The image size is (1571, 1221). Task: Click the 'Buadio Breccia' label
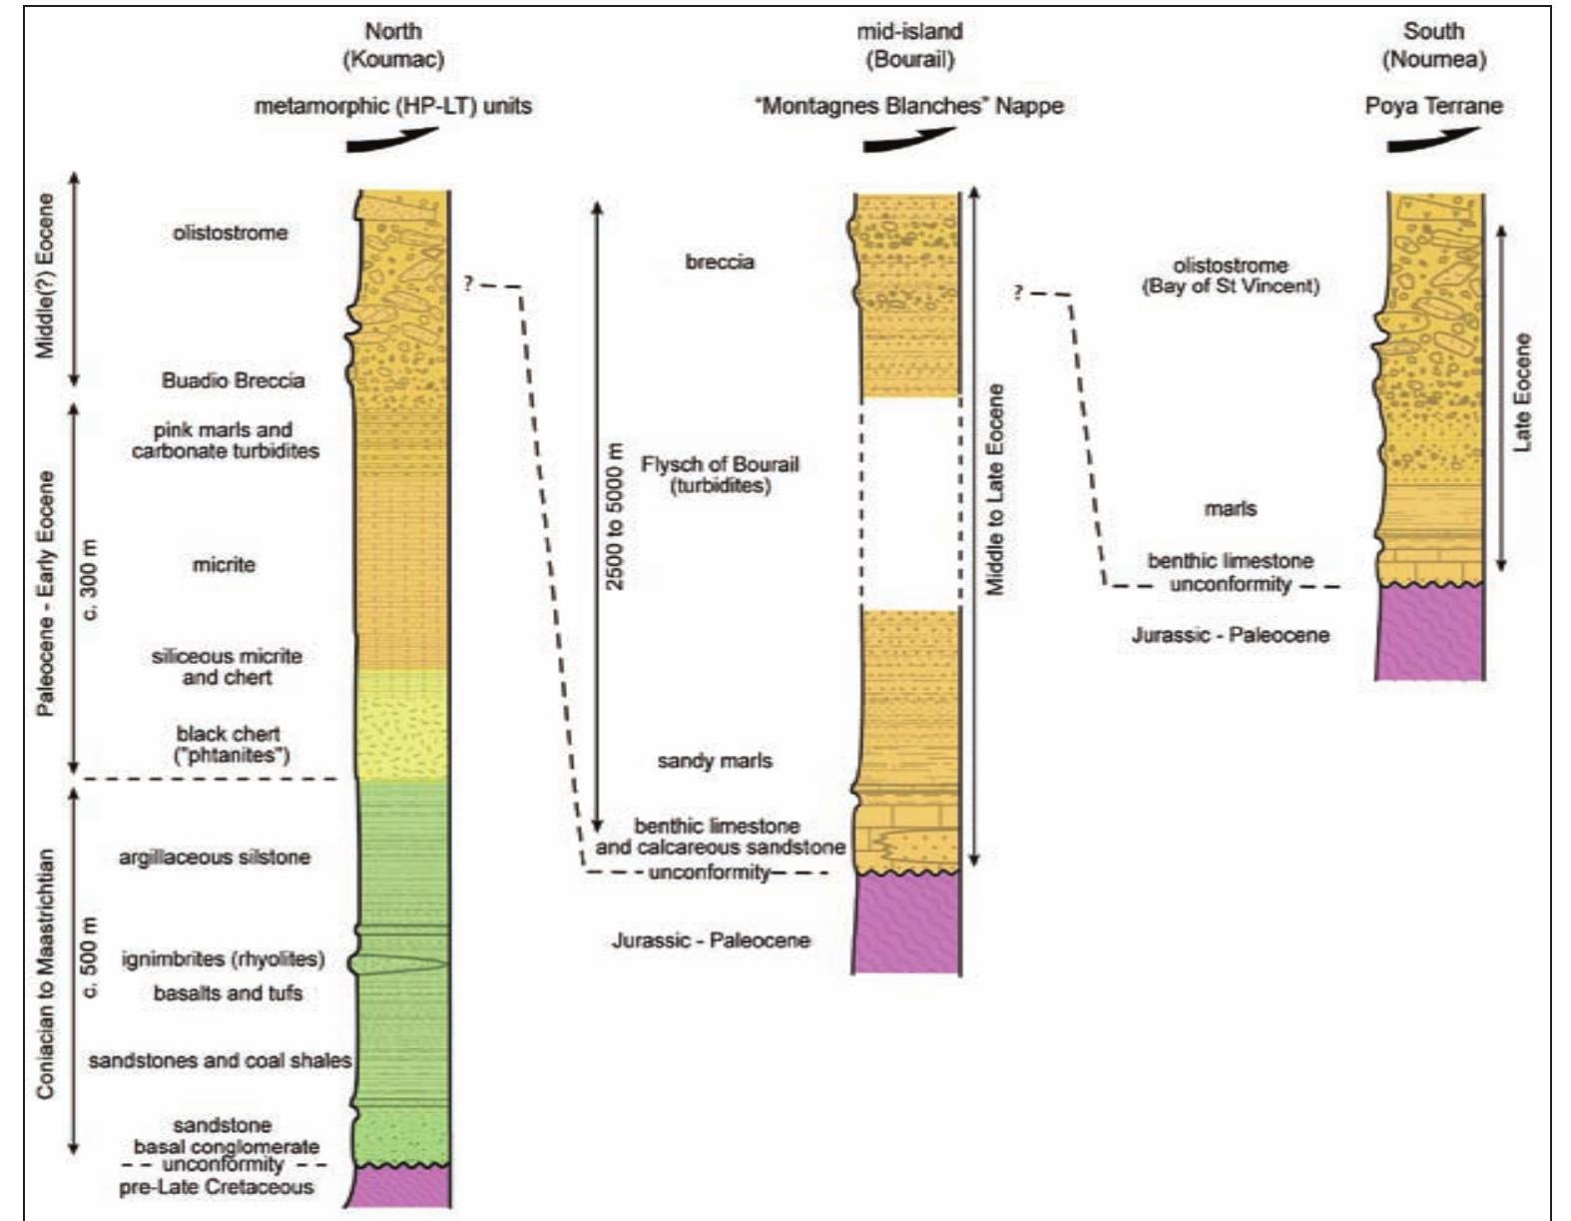click(x=233, y=380)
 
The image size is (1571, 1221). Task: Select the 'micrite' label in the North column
click(x=224, y=565)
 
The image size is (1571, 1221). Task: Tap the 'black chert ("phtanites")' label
click(x=229, y=745)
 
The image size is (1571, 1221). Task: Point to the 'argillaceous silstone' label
click(x=215, y=858)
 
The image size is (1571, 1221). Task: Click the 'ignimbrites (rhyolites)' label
click(x=223, y=959)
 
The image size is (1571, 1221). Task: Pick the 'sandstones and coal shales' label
click(x=220, y=1060)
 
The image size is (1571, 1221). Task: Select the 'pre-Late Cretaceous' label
click(x=217, y=1187)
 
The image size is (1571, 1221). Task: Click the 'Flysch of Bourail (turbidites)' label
click(x=720, y=475)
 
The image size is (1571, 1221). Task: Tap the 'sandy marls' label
click(x=715, y=761)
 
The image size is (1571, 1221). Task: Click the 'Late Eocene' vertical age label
click(x=1522, y=392)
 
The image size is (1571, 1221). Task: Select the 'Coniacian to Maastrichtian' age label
click(x=45, y=973)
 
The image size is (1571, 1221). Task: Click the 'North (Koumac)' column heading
click(x=393, y=46)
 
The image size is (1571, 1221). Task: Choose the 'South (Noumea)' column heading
click(x=1434, y=46)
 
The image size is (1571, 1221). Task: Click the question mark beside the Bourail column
click(x=1018, y=294)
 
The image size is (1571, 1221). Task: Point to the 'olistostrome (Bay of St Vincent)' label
click(x=1230, y=276)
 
